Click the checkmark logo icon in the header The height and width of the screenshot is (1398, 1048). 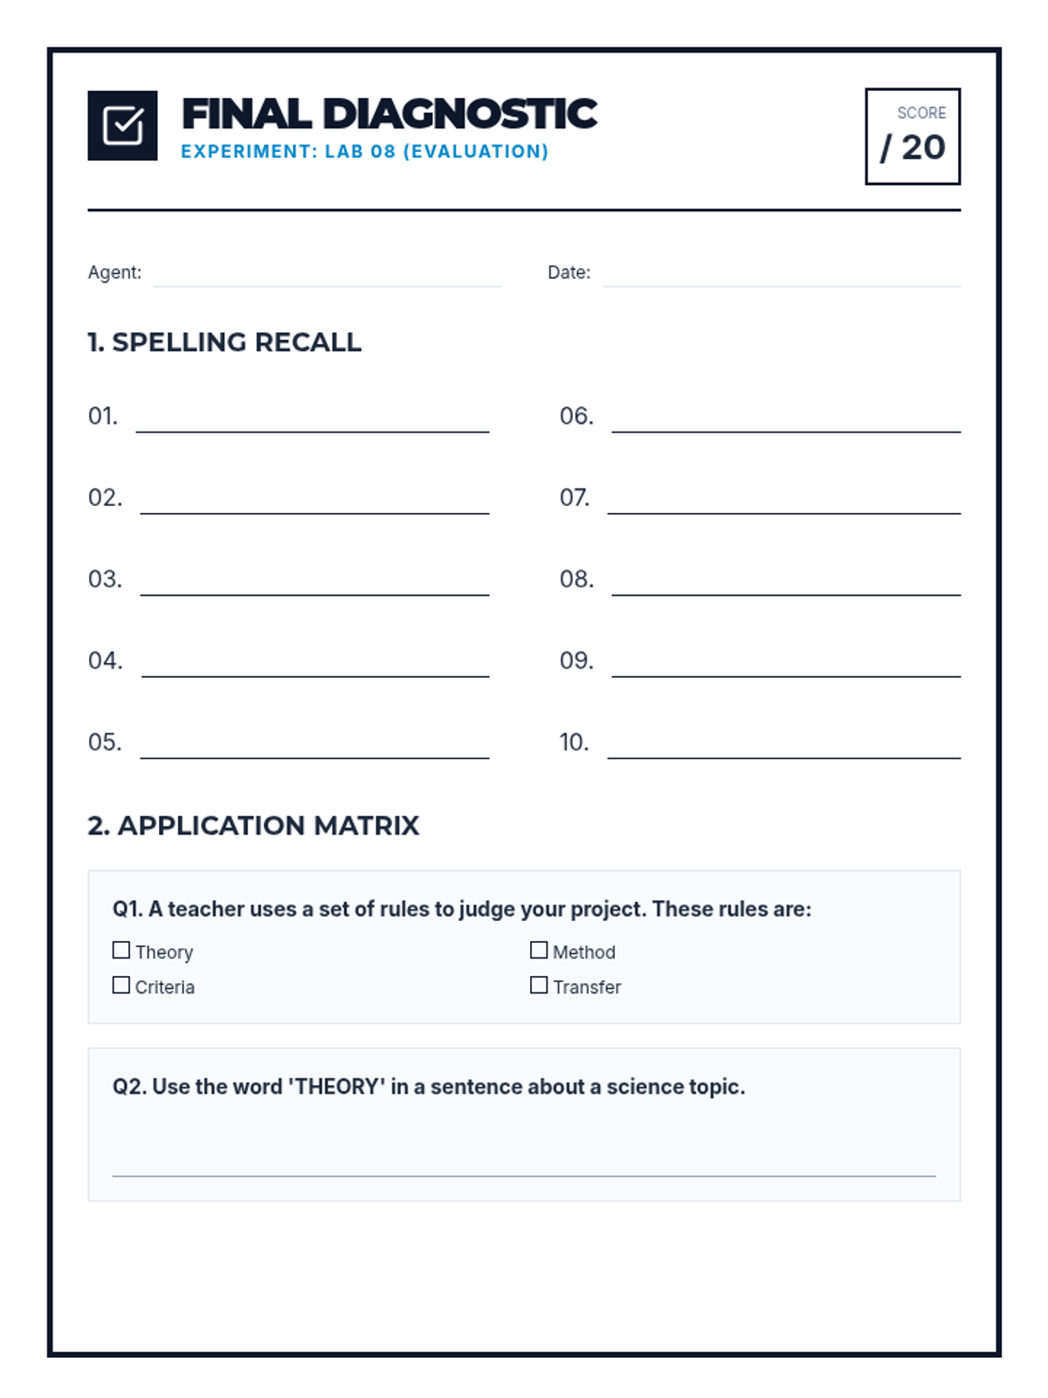(122, 125)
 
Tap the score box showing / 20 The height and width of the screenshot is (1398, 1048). (912, 136)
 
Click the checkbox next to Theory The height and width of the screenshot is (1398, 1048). (121, 950)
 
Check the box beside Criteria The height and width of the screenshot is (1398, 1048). (121, 985)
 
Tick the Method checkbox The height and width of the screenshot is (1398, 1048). (539, 950)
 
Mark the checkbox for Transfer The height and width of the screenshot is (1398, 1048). (539, 985)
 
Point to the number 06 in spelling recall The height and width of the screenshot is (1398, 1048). (576, 416)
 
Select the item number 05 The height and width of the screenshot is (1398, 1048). (105, 743)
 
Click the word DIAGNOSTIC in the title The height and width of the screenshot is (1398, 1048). (459, 114)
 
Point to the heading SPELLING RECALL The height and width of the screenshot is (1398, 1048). (236, 342)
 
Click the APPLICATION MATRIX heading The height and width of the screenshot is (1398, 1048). (267, 825)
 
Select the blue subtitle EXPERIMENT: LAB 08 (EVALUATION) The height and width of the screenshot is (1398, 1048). (364, 151)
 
